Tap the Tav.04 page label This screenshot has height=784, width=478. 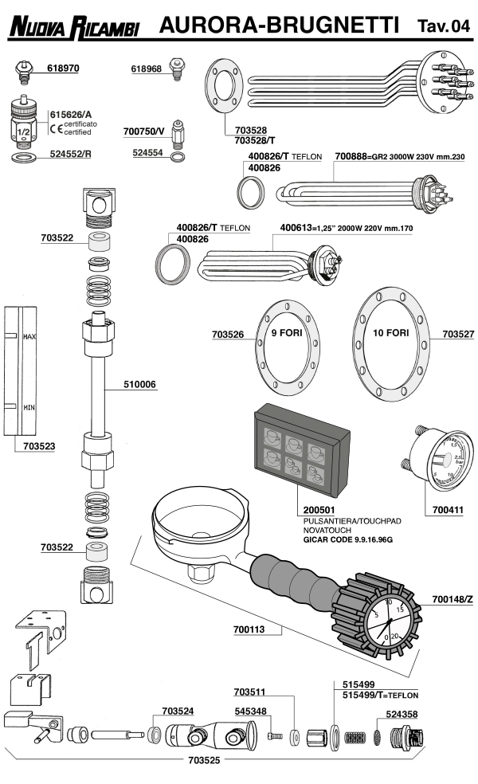(x=443, y=27)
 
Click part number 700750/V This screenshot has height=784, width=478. (x=143, y=129)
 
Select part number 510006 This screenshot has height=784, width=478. (x=139, y=385)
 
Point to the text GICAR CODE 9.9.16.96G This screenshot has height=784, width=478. (x=347, y=539)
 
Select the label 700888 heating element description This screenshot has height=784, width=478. (x=398, y=158)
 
